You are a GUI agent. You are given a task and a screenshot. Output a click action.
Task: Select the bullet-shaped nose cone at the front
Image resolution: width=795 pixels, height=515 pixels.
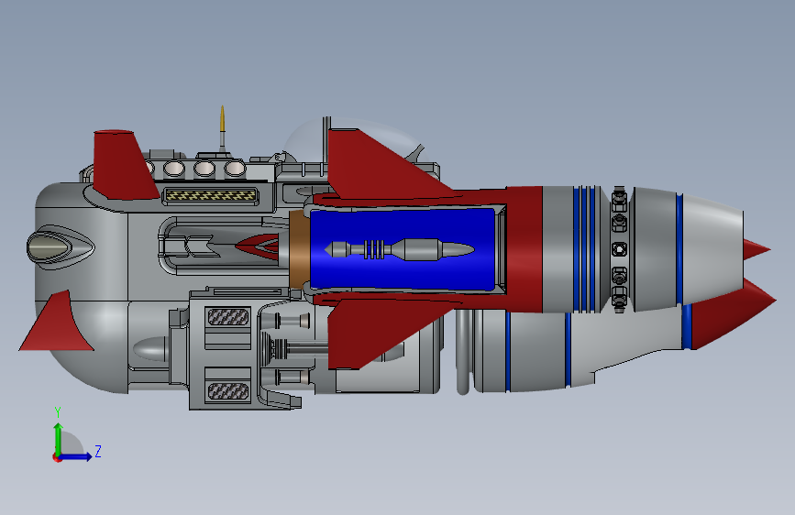(50, 247)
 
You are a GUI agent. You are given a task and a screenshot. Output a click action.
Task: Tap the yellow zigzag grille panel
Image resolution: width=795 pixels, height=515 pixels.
(210, 194)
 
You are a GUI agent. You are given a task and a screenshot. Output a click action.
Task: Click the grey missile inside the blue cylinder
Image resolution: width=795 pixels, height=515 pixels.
(400, 249)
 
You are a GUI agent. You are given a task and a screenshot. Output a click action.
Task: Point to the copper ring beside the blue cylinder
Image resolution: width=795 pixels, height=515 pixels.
(300, 249)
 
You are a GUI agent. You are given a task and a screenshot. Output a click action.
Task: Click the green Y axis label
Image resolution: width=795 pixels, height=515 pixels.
(58, 411)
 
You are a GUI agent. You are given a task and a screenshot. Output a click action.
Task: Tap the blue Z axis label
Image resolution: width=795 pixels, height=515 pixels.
(98, 451)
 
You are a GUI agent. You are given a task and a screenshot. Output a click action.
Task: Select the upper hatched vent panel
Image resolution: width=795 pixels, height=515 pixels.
(228, 317)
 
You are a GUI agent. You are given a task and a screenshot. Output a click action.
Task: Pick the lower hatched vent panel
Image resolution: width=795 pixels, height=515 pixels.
(228, 390)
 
